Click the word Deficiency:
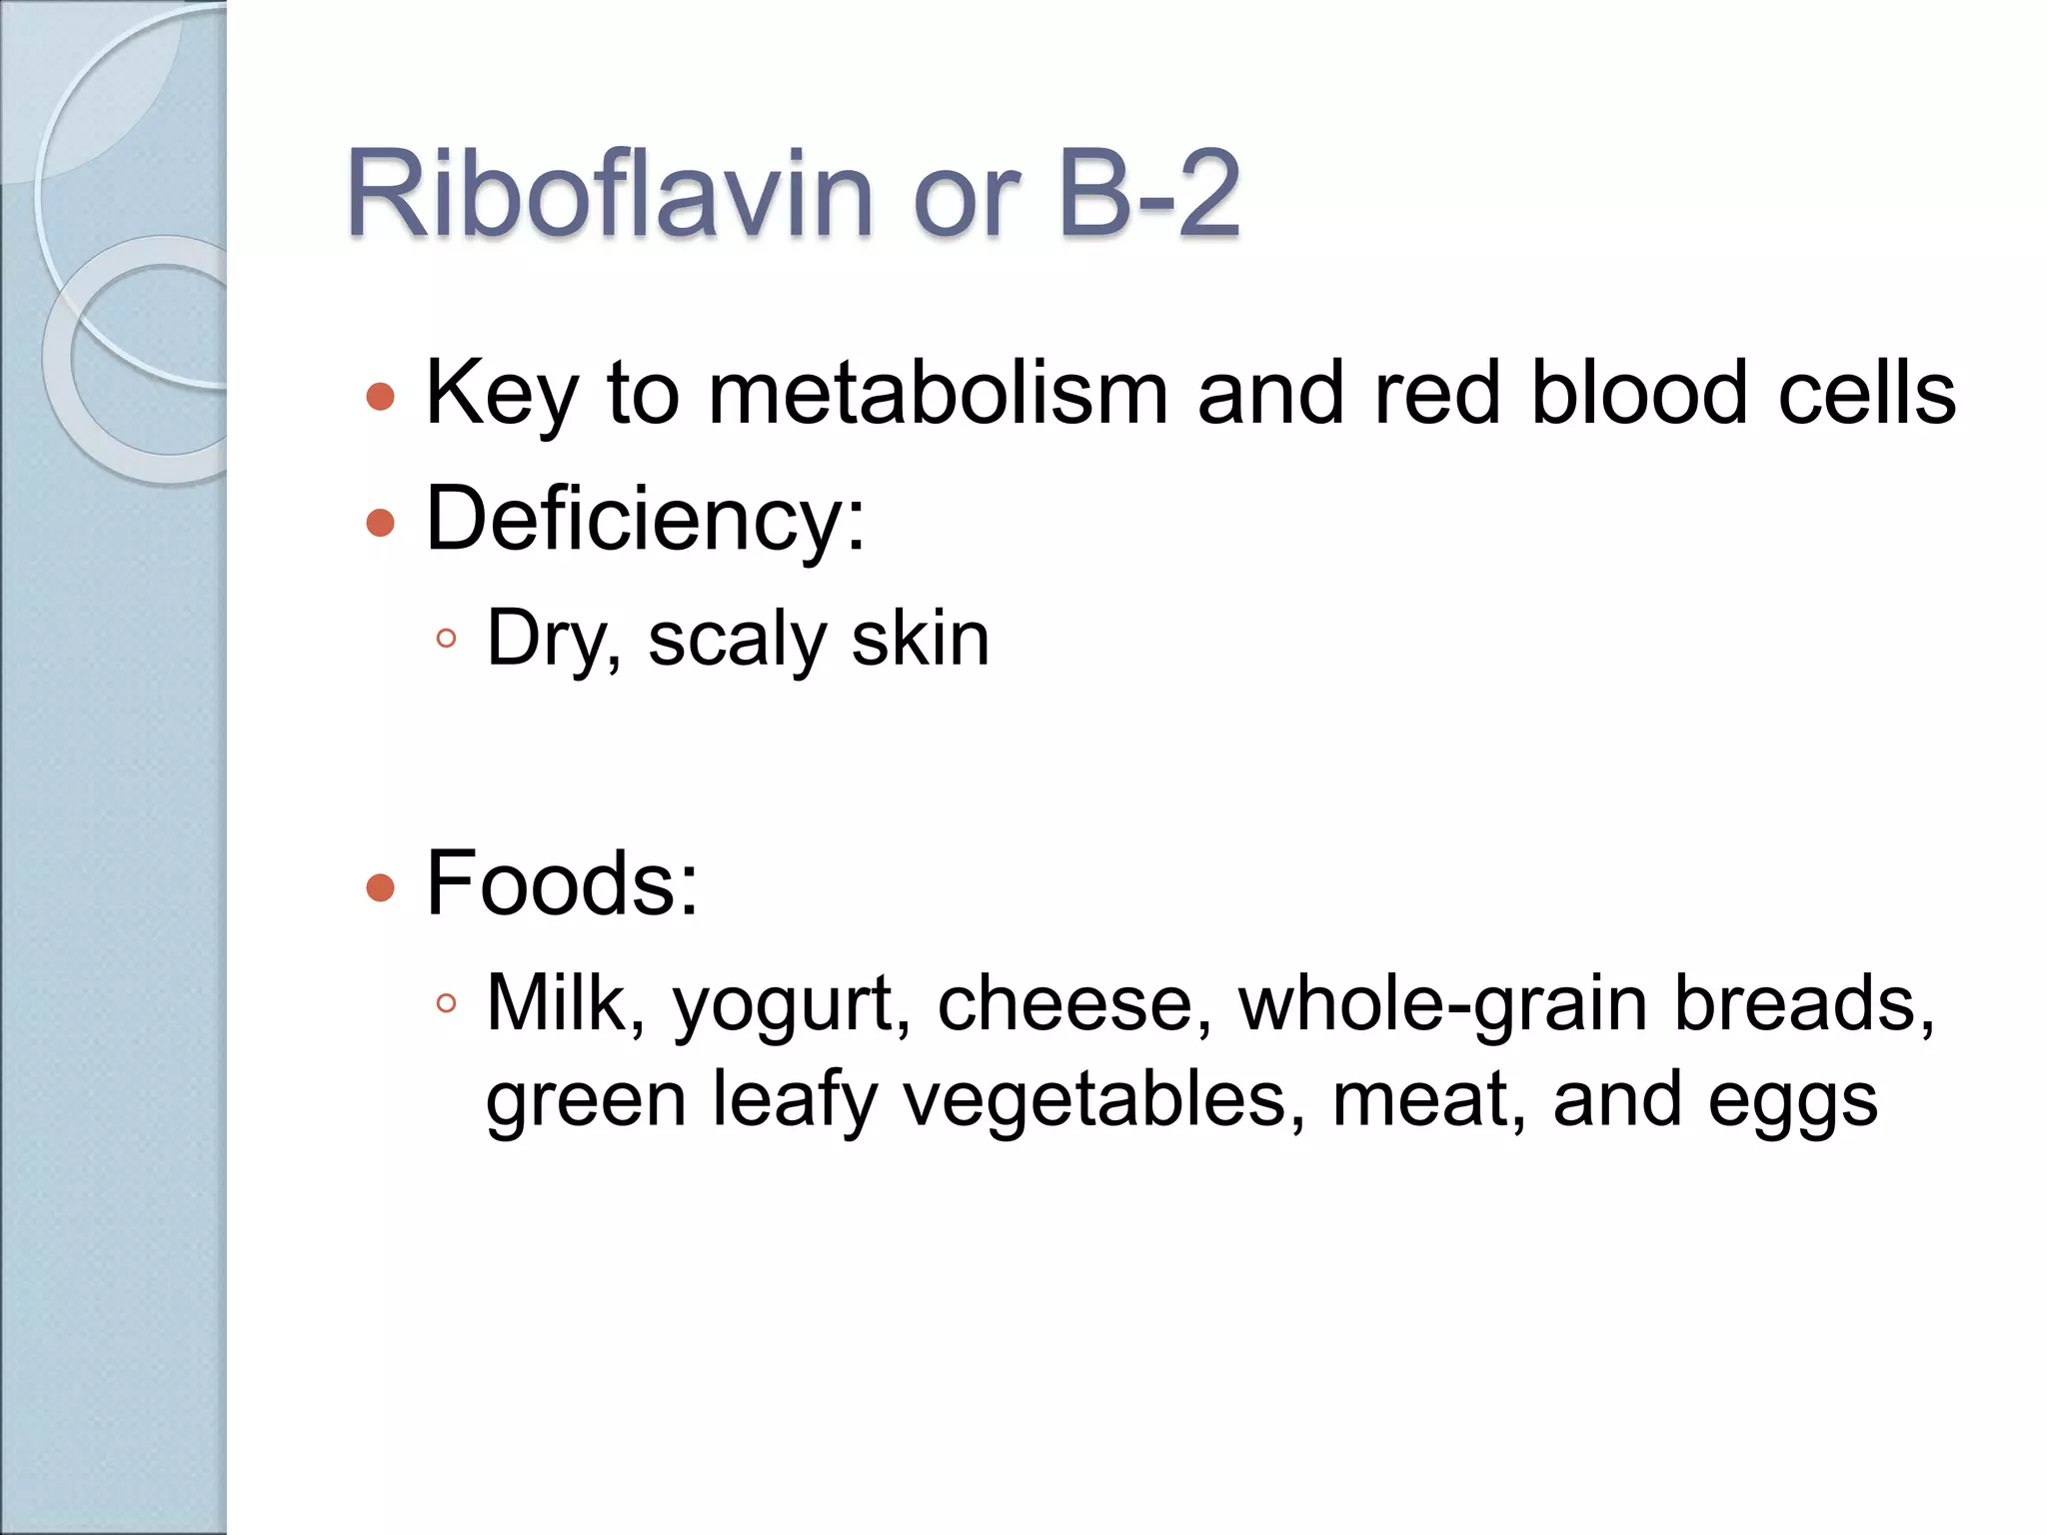[x=646, y=520]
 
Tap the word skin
[x=920, y=640]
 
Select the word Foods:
[x=562, y=883]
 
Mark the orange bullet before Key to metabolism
[x=381, y=398]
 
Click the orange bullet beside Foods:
[x=381, y=887]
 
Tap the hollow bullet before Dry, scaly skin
[x=446, y=639]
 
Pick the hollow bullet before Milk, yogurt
[x=446, y=1003]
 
